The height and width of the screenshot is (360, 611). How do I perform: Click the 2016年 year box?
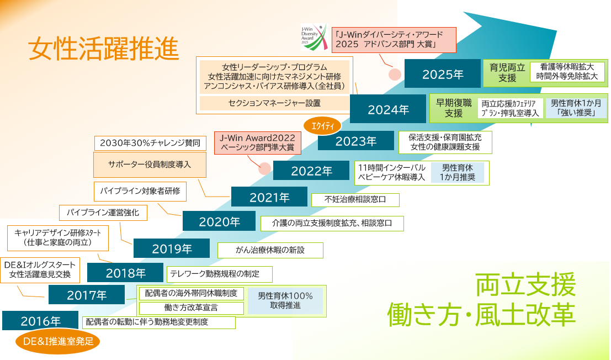40,320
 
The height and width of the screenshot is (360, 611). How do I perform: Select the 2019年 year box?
172,248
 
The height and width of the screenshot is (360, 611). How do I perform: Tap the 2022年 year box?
311,171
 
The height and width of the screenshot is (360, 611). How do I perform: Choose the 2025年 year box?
442,73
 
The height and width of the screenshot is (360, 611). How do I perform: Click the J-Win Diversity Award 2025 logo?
314,37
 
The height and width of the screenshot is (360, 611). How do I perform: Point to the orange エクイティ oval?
322,125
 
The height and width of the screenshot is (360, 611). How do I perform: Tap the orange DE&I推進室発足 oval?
57,341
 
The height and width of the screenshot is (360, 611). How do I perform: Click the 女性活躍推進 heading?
103,49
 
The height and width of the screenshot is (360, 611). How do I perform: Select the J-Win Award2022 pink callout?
258,142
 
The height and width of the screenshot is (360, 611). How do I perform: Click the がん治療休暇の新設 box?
270,250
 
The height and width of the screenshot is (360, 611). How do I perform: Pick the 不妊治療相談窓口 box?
355,199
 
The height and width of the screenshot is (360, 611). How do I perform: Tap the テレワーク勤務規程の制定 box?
219,274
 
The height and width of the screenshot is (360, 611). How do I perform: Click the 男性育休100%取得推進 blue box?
285,301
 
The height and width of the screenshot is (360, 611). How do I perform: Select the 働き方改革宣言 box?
191,308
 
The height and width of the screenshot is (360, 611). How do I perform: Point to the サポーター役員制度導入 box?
150,165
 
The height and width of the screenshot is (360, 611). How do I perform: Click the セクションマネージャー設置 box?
274,103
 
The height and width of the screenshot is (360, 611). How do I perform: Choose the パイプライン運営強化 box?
103,213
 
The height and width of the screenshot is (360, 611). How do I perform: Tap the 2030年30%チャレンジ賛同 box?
150,143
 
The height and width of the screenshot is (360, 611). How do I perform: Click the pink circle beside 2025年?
395,74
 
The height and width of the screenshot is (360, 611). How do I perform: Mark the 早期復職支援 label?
454,108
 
